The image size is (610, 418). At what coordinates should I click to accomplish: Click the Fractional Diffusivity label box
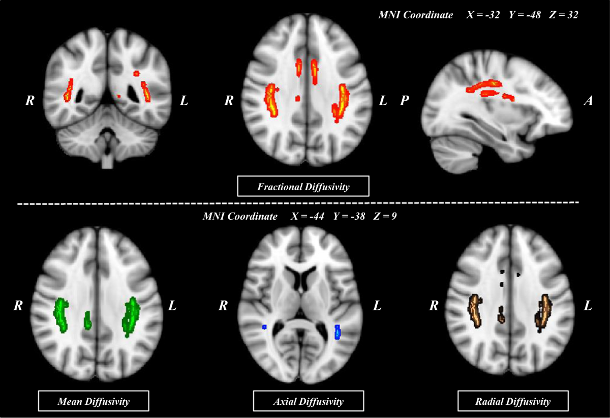point(303,187)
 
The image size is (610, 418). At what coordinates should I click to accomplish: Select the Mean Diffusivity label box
point(93,401)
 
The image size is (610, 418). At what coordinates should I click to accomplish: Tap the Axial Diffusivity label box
point(308,401)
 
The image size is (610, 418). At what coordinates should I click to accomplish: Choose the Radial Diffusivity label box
point(512,401)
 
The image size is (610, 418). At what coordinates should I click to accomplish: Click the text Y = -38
point(350,216)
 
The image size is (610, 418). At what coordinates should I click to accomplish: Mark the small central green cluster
point(88,319)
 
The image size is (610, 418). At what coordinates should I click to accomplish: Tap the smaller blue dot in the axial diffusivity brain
point(264,327)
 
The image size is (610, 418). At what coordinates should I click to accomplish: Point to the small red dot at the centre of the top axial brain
point(298,98)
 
